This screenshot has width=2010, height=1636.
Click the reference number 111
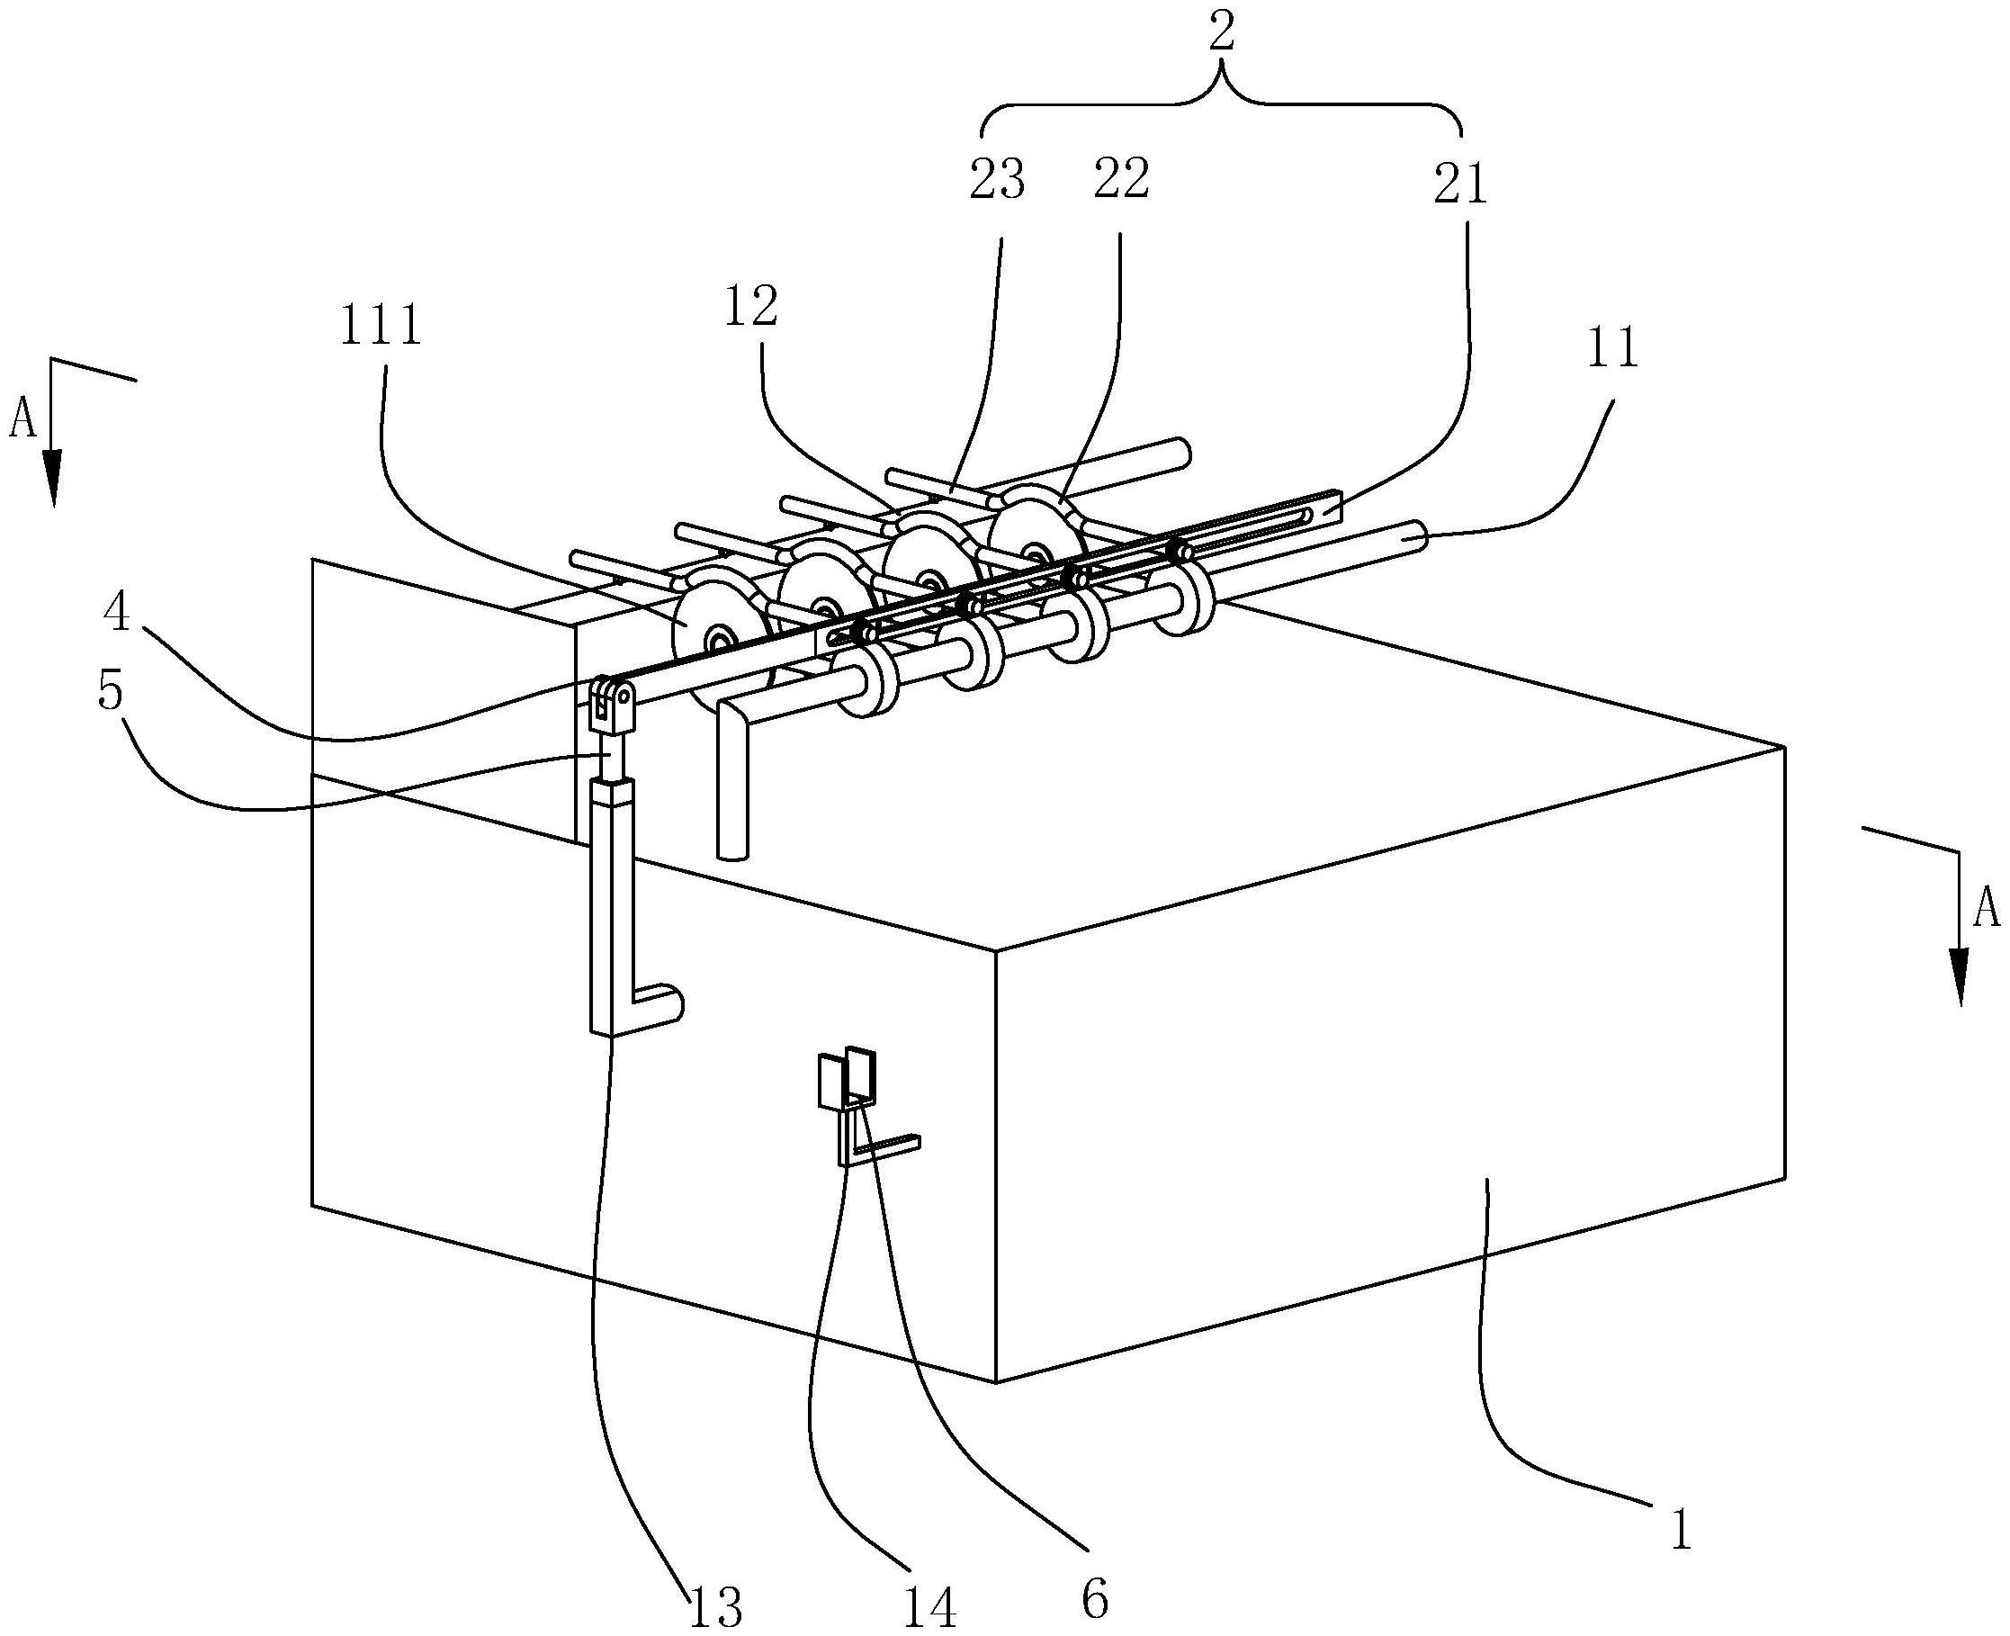click(x=381, y=328)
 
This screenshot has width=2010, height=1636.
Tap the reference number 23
click(x=997, y=179)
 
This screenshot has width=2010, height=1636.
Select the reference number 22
click(x=1120, y=179)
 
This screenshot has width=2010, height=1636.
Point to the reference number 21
click(x=1459, y=184)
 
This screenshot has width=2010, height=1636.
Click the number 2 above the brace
click(x=1221, y=35)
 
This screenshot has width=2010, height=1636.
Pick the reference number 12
click(x=751, y=306)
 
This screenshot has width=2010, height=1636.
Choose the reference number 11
click(x=1612, y=347)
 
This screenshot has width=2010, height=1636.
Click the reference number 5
click(x=111, y=693)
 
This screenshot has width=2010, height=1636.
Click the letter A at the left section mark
click(x=22, y=421)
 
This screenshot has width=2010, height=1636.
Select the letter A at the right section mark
click(x=1986, y=910)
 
